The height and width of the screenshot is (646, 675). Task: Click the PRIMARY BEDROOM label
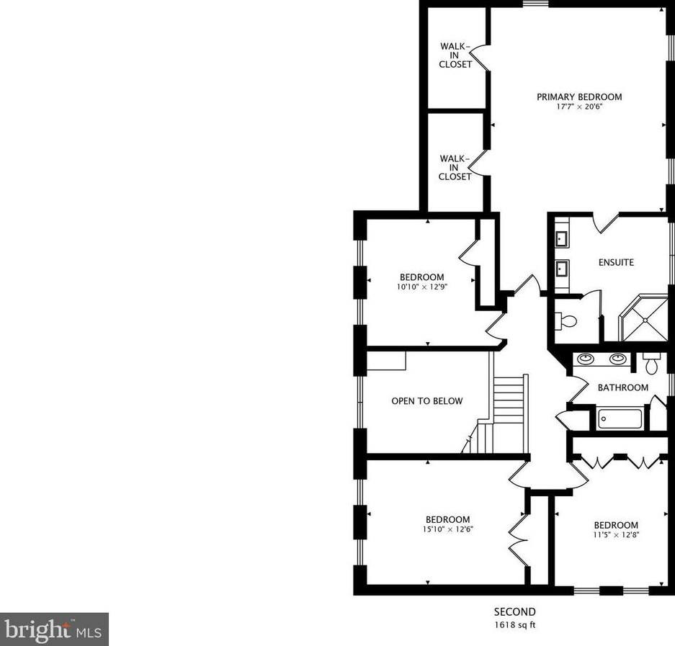[578, 97]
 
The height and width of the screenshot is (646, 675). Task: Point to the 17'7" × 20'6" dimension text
[578, 107]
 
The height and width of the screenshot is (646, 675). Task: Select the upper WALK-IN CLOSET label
[455, 55]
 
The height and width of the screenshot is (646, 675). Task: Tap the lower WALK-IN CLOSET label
[455, 167]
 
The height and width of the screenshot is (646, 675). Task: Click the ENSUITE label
[616, 262]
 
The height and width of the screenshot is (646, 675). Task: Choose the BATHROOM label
[622, 387]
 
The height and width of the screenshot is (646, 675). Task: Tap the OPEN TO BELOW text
[426, 401]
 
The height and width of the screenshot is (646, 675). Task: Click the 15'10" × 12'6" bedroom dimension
[447, 529]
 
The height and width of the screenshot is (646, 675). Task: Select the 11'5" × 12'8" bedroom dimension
[615, 534]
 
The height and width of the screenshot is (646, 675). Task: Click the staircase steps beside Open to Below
[511, 403]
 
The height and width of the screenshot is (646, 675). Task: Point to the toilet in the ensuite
[566, 321]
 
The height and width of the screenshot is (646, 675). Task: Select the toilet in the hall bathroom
[652, 364]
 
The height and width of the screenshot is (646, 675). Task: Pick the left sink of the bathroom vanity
[586, 359]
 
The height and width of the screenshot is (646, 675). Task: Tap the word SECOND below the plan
[514, 612]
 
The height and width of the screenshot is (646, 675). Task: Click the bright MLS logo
[54, 629]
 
